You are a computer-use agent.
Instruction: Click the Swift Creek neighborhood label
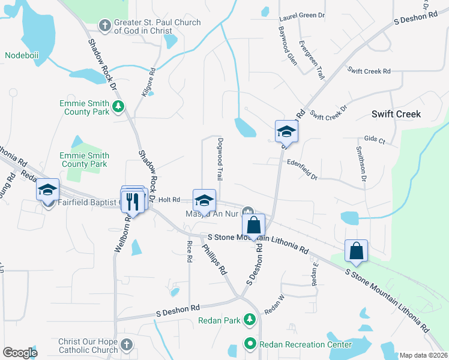point(396,114)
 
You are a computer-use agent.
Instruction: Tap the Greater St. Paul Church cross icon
point(104,25)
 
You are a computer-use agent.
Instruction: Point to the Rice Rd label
point(189,251)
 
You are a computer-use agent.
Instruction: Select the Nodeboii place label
point(22,55)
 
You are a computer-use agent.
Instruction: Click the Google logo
point(20,353)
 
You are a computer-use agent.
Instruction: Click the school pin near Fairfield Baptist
point(47,191)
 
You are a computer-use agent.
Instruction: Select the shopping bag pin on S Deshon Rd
point(254,226)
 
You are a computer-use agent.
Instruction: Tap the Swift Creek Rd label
point(369,71)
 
